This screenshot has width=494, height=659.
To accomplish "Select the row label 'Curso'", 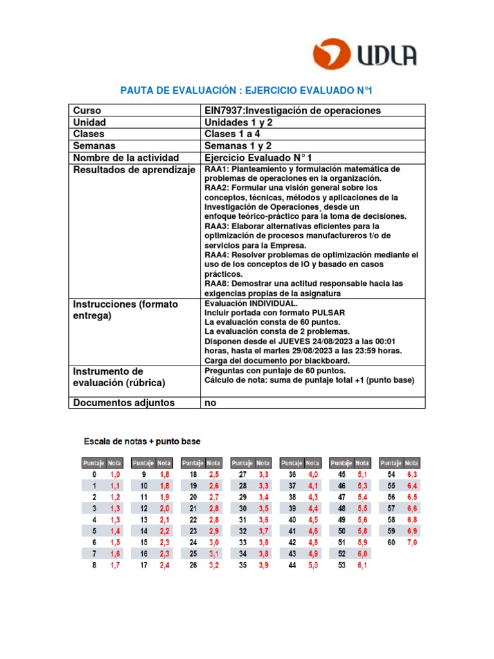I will pyautogui.click(x=87, y=111).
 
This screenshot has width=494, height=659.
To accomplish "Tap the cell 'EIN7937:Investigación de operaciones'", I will pyautogui.click(x=293, y=111).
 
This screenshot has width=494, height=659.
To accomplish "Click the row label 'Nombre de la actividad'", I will pyautogui.click(x=126, y=158).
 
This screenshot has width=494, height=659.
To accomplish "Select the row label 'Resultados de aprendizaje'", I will pyautogui.click(x=134, y=170).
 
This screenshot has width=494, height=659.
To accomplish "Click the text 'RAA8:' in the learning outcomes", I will pyautogui.click(x=217, y=283).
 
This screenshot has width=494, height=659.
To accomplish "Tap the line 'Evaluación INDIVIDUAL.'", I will pyautogui.click(x=251, y=303).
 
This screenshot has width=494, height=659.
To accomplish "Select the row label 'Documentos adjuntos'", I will pyautogui.click(x=123, y=403).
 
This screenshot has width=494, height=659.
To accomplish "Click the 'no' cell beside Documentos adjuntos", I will pyautogui.click(x=210, y=403).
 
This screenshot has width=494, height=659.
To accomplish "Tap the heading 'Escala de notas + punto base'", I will pyautogui.click(x=142, y=441).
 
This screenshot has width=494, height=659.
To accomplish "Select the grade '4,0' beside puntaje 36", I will pyautogui.click(x=313, y=474).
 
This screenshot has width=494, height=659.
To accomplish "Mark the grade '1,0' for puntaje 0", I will pyautogui.click(x=114, y=474).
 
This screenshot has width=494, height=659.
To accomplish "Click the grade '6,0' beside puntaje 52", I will pyautogui.click(x=363, y=554).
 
